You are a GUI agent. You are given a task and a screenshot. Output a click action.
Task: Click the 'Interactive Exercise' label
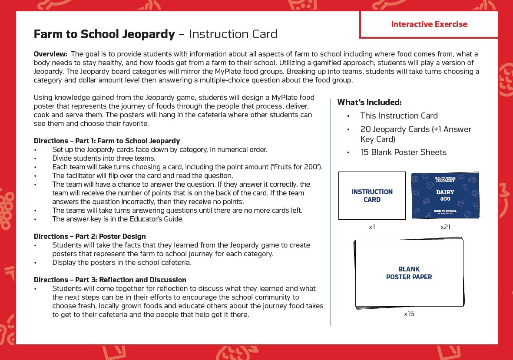pyautogui.click(x=429, y=24)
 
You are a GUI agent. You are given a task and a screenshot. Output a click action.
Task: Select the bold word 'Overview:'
pyautogui.click(x=50, y=54)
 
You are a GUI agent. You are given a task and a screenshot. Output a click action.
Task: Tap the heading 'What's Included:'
pyautogui.click(x=369, y=102)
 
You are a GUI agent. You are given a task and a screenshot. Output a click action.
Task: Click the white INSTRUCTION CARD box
pyautogui.click(x=372, y=195)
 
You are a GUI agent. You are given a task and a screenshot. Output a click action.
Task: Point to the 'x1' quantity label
pyautogui.click(x=372, y=227)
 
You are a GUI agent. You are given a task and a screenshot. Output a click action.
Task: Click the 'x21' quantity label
pyautogui.click(x=445, y=227)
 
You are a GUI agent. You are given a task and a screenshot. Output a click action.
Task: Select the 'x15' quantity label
pyautogui.click(x=409, y=314)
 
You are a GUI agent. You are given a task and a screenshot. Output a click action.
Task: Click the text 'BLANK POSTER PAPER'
pyautogui.click(x=409, y=273)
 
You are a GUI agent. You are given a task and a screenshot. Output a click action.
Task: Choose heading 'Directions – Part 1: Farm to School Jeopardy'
pyautogui.click(x=107, y=141)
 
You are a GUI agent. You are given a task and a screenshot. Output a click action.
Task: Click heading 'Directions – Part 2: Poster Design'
pyautogui.click(x=89, y=237)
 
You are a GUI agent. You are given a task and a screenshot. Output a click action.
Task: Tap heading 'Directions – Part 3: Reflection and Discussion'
pyautogui.click(x=110, y=280)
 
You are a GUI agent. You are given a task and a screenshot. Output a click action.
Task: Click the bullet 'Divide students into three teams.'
pyautogui.click(x=103, y=159)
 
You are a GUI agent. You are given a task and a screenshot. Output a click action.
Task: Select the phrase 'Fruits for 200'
pyautogui.click(x=298, y=167)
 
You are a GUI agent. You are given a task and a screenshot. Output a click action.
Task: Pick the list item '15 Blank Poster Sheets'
pyautogui.click(x=403, y=152)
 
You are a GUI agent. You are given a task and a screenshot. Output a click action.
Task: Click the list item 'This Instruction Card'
pyautogui.click(x=399, y=116)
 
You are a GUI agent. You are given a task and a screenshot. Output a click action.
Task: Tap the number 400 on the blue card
pyautogui.click(x=445, y=199)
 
